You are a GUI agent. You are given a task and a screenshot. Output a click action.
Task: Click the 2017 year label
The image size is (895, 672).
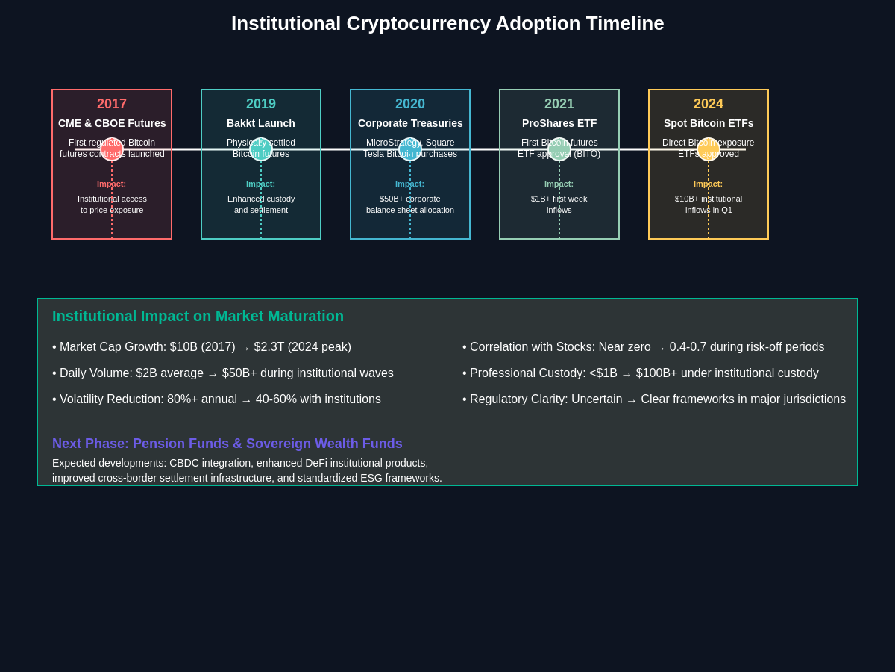coord(112,104)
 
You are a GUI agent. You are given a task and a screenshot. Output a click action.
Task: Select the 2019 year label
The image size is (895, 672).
coord(261,104)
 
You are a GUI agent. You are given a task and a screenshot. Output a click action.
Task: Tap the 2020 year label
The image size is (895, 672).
coord(410,104)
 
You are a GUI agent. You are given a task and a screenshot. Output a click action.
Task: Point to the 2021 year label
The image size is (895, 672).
coord(559,104)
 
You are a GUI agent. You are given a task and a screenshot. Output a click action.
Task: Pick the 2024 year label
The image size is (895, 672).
coord(709,104)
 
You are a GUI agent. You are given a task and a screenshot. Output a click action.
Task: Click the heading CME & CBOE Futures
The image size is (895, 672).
coord(112,123)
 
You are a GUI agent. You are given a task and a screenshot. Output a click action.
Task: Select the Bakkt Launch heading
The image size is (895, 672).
coord(261,123)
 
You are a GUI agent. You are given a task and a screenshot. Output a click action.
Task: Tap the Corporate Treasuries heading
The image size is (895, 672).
coord(410,123)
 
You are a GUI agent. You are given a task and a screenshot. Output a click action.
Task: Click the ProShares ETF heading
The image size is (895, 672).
coord(559,123)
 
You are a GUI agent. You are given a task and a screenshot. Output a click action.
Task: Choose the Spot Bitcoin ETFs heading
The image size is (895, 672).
coord(709,123)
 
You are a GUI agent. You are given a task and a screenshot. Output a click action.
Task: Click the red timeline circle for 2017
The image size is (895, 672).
coord(112,149)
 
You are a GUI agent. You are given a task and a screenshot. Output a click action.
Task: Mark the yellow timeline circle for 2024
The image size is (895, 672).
coord(709,149)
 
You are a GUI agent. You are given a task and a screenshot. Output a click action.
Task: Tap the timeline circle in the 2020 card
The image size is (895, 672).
coord(410,149)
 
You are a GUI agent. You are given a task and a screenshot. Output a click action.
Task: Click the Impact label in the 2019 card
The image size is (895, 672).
coord(261,184)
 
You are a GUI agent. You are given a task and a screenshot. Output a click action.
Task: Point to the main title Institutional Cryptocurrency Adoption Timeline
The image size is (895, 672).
coord(447,23)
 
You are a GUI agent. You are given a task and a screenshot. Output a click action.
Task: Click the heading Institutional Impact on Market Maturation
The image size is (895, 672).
coord(198,316)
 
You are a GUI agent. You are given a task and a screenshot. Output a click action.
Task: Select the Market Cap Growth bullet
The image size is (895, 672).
coord(201,347)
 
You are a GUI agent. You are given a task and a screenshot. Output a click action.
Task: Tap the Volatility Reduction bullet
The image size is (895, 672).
coord(216,399)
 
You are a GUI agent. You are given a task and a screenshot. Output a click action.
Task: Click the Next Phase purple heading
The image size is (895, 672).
coord(227,444)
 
